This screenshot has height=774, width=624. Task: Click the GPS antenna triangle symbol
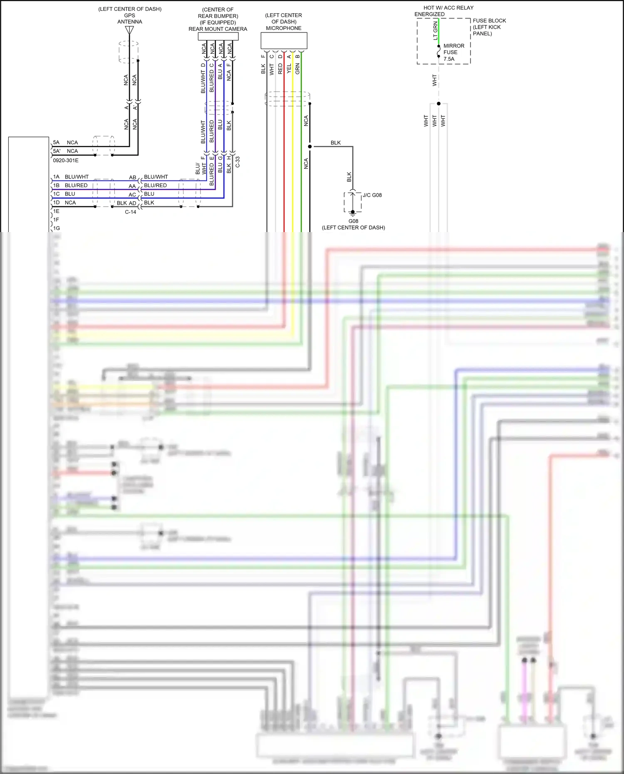(x=129, y=30)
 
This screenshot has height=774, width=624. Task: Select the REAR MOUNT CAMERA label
(x=218, y=29)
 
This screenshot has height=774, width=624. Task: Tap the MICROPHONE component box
(x=284, y=41)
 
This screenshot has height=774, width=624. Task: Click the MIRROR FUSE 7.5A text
(x=453, y=52)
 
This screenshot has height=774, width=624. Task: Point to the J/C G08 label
(x=372, y=195)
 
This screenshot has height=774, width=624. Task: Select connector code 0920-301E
(x=66, y=161)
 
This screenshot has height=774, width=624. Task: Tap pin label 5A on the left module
(x=56, y=142)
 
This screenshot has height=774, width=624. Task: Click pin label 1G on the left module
(x=57, y=228)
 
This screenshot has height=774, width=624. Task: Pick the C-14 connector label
(x=131, y=212)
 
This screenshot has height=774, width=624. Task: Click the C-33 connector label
(x=238, y=162)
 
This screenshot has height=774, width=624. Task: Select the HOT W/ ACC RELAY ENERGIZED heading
(x=444, y=11)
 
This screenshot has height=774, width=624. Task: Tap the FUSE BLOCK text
(x=489, y=21)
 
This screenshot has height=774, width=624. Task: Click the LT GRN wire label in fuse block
(x=436, y=31)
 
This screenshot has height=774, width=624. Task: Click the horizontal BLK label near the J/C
(x=336, y=143)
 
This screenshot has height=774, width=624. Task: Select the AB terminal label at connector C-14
(x=132, y=178)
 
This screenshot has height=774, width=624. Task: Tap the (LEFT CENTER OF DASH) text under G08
(x=353, y=228)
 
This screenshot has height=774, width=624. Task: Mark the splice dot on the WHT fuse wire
(x=438, y=104)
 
